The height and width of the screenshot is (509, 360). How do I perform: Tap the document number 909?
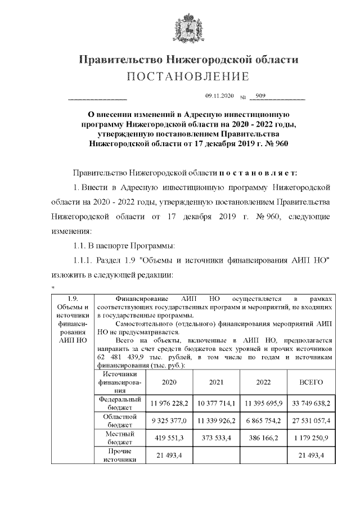[x=260, y=97]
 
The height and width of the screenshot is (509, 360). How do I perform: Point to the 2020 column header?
[x=169, y=382]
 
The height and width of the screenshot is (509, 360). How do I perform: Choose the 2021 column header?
[x=216, y=382]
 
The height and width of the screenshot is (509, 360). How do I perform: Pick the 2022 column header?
[x=263, y=382]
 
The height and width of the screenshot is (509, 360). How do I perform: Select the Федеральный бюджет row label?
[x=119, y=402]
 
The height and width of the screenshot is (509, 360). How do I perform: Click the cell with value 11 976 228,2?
[x=169, y=403]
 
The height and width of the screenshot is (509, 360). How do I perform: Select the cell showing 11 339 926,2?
[x=216, y=421]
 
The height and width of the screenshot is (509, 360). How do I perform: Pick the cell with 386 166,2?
[x=263, y=439]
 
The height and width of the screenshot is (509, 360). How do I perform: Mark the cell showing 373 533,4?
[x=216, y=439]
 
